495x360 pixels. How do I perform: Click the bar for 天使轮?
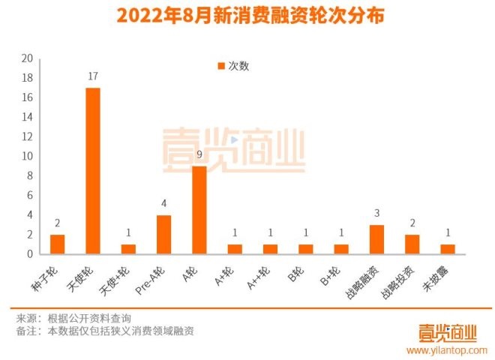coord(93,171)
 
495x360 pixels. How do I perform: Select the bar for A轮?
coord(199,210)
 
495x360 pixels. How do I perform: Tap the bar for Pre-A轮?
coord(164,235)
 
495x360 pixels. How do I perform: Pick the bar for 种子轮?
coord(58,244)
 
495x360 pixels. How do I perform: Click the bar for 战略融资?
coord(377,239)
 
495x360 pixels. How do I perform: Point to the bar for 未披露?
coord(448,249)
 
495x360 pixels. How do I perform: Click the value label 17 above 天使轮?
coord(93,76)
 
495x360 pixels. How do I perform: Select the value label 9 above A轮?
coord(199,154)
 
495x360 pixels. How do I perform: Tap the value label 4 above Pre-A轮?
coord(164,204)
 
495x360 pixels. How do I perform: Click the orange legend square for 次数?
coord(220,66)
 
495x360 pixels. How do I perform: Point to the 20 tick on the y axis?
coord(27,58)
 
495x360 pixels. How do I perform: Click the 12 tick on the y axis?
coord(27,136)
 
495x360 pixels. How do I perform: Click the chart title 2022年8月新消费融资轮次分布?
coord(247,16)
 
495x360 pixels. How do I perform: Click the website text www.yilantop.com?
coord(447,349)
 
